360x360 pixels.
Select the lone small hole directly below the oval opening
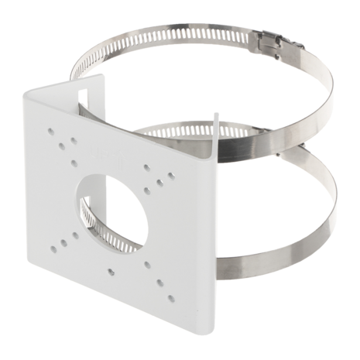(113, 271)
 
